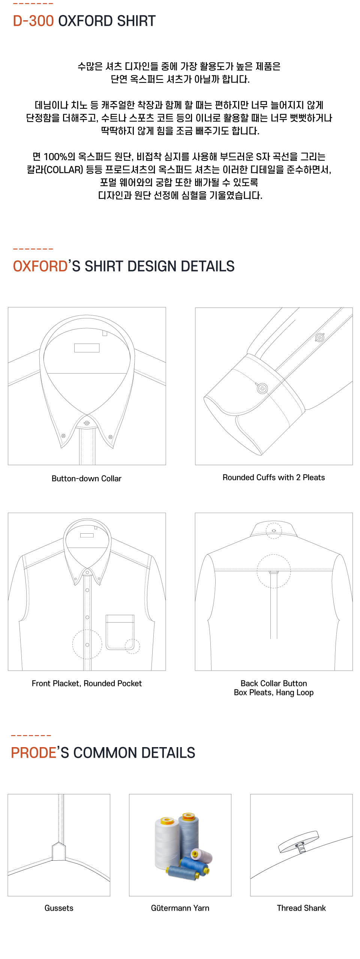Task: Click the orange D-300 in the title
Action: [33, 21]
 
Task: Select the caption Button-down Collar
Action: [87, 479]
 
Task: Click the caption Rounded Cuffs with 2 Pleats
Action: [274, 477]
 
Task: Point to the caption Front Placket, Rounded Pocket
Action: [87, 683]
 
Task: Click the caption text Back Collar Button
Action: [274, 683]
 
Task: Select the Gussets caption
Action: [59, 908]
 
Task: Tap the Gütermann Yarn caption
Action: [180, 908]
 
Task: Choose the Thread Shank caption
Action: [301, 908]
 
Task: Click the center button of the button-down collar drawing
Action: [87, 423]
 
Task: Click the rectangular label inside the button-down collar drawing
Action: [87, 348]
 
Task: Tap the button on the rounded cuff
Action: [262, 388]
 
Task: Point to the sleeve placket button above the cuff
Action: [319, 337]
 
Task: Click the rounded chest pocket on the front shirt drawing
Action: [120, 632]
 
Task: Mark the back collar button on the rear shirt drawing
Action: [274, 531]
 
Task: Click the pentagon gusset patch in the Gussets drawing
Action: [59, 851]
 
